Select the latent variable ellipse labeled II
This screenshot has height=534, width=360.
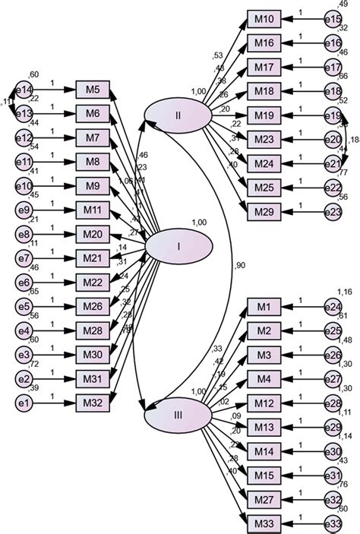[x=177, y=115]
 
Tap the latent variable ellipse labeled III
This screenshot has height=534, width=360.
[x=177, y=415]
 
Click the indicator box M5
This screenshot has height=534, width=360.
[x=93, y=90]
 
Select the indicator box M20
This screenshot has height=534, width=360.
[x=93, y=233]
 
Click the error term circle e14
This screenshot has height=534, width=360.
[x=26, y=90]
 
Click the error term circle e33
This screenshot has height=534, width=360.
[x=333, y=522]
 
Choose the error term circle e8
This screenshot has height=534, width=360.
[x=26, y=233]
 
